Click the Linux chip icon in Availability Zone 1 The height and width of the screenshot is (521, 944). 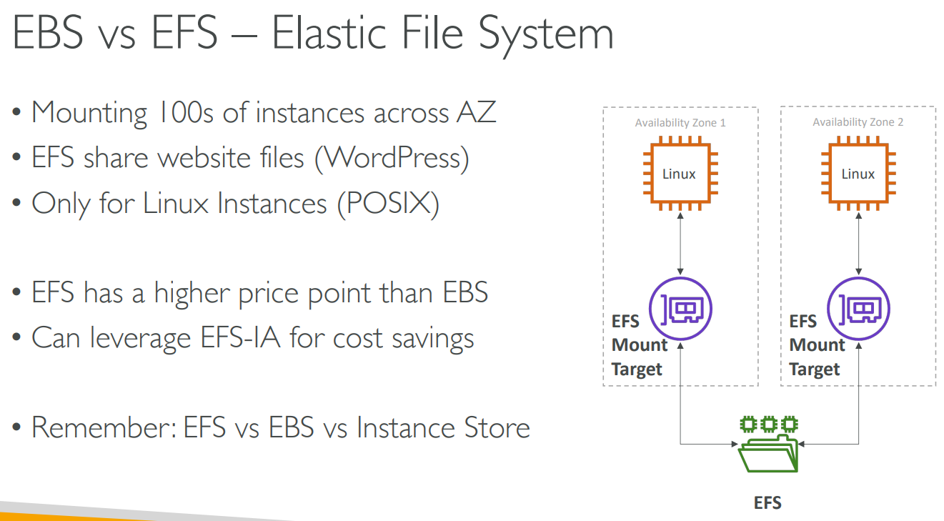click(680, 173)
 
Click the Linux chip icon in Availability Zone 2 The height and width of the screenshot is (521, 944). click(858, 173)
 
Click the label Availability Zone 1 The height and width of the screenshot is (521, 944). click(680, 123)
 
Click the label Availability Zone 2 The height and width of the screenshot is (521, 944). click(858, 121)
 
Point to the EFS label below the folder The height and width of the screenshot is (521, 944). click(767, 502)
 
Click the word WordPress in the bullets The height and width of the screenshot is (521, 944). click(392, 158)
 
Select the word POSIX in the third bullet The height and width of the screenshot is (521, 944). click(388, 203)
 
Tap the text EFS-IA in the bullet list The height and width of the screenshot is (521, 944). click(240, 337)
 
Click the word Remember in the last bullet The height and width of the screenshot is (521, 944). click(104, 427)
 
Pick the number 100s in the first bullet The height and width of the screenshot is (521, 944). click(185, 112)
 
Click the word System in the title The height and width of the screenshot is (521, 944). click(546, 34)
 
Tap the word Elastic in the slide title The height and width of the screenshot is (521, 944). click(329, 32)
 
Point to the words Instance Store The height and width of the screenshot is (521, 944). click(443, 427)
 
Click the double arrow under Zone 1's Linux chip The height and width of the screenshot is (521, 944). click(680, 244)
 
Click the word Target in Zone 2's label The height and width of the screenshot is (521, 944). click(814, 369)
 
